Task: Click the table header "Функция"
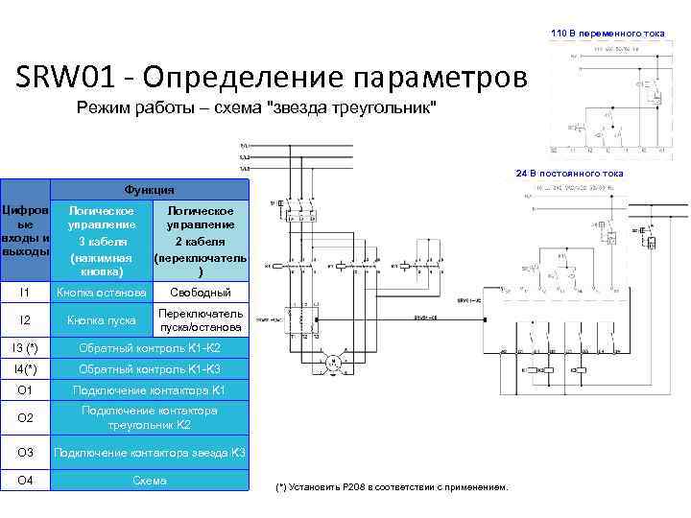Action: pos(150,189)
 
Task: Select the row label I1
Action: pos(25,292)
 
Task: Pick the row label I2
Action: pos(25,319)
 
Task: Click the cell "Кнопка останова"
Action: pos(101,292)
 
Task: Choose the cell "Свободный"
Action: pos(201,292)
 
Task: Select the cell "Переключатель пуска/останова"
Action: pos(201,320)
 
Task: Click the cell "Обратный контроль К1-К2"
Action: pos(150,346)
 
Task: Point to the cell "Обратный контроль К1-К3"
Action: pos(150,368)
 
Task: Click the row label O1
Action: pos(25,390)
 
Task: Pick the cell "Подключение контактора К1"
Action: pos(150,390)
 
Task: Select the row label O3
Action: pos(25,452)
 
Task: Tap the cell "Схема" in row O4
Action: pos(150,480)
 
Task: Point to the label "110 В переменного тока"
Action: pos(608,34)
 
